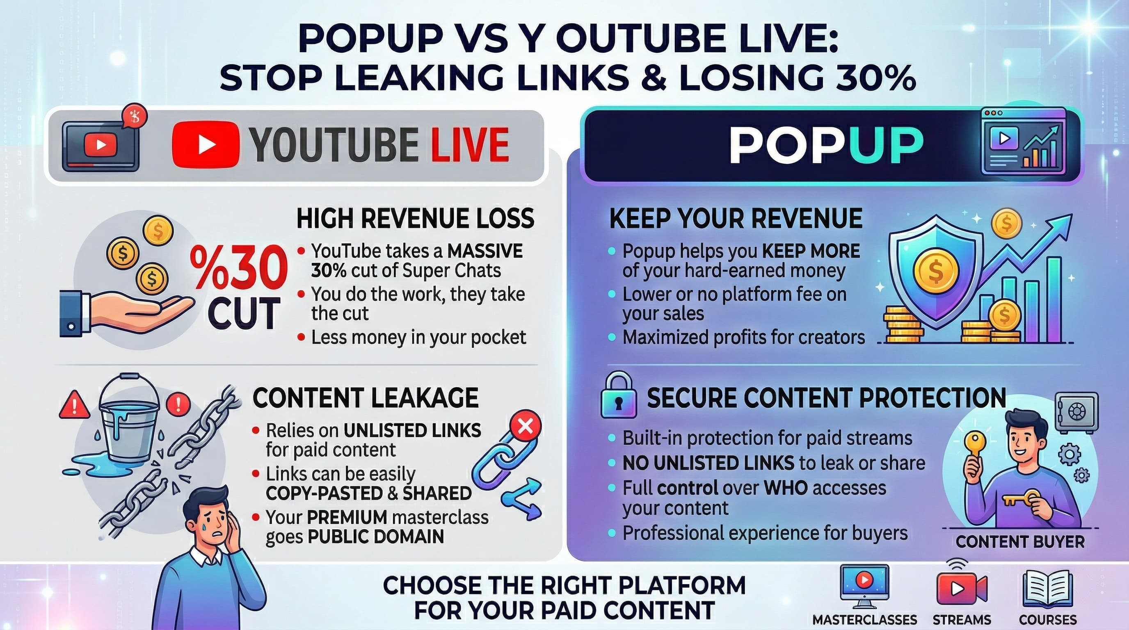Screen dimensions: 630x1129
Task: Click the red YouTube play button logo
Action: (x=206, y=144)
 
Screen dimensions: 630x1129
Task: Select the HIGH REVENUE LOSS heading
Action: (x=415, y=218)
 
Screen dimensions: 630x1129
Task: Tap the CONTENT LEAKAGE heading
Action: (x=366, y=398)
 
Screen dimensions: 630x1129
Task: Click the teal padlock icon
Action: (x=618, y=396)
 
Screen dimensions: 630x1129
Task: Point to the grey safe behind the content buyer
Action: (x=1076, y=412)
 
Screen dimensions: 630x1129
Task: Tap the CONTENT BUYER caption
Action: (x=1020, y=542)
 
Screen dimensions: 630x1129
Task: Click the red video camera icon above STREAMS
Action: (x=962, y=587)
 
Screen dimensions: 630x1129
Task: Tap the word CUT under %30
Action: (x=243, y=313)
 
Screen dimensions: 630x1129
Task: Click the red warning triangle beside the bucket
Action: (x=74, y=405)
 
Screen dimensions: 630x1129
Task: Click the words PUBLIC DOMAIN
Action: (x=376, y=536)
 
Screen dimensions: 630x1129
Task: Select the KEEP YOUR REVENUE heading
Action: (x=736, y=218)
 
